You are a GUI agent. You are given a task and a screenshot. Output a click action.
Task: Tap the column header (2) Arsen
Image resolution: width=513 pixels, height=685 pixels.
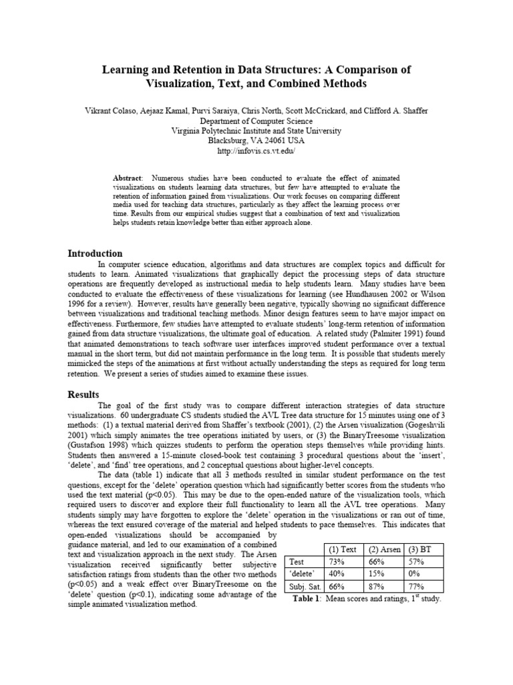[x=384, y=549]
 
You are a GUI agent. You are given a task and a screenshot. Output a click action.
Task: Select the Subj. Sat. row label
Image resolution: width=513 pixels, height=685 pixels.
[x=303, y=587]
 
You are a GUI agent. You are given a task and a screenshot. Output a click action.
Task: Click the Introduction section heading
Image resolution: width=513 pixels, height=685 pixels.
[x=96, y=254]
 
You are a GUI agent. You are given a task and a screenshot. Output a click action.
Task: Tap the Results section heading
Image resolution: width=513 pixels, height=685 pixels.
[x=83, y=395]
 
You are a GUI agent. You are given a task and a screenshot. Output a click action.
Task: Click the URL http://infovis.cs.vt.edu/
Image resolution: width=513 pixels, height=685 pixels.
[x=256, y=151]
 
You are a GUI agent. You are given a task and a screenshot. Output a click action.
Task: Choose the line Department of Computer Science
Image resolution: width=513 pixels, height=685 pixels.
[x=256, y=121]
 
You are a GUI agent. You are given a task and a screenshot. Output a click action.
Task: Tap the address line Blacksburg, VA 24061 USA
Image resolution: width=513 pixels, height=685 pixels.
[x=256, y=140]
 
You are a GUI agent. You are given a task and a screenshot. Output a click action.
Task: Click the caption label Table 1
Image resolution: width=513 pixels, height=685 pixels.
[x=308, y=599]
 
